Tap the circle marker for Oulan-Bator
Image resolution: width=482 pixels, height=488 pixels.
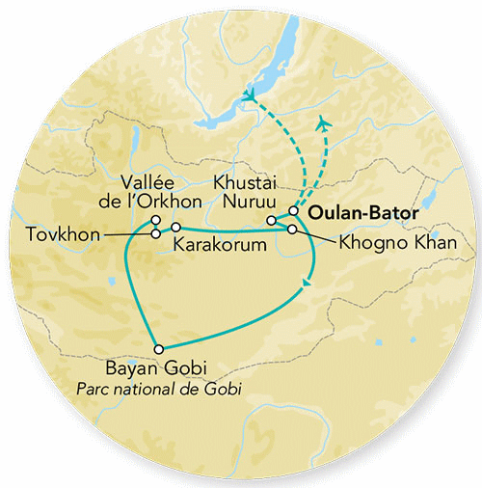click(x=294, y=211)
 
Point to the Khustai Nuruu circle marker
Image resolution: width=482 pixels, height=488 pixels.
click(x=271, y=221)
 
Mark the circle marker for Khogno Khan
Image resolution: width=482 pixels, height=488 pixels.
click(x=292, y=229)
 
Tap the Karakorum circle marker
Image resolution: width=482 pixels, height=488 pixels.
click(x=175, y=227)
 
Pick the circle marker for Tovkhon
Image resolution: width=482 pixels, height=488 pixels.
click(x=155, y=232)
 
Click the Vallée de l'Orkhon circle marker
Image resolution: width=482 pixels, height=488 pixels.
click(x=155, y=220)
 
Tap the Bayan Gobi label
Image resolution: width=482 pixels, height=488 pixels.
click(x=160, y=370)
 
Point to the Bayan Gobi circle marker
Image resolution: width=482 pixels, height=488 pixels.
click(x=159, y=348)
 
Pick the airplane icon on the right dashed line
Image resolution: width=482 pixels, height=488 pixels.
click(x=324, y=125)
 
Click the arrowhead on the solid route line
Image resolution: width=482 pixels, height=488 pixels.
click(x=307, y=282)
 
